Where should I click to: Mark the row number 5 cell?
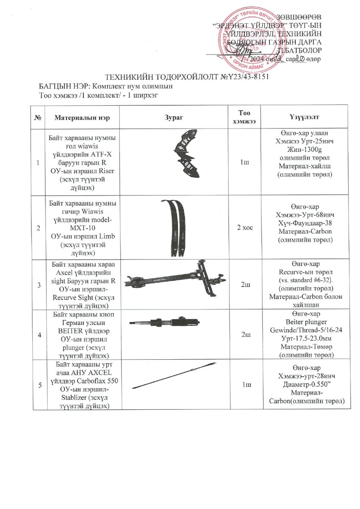point(39,385)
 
